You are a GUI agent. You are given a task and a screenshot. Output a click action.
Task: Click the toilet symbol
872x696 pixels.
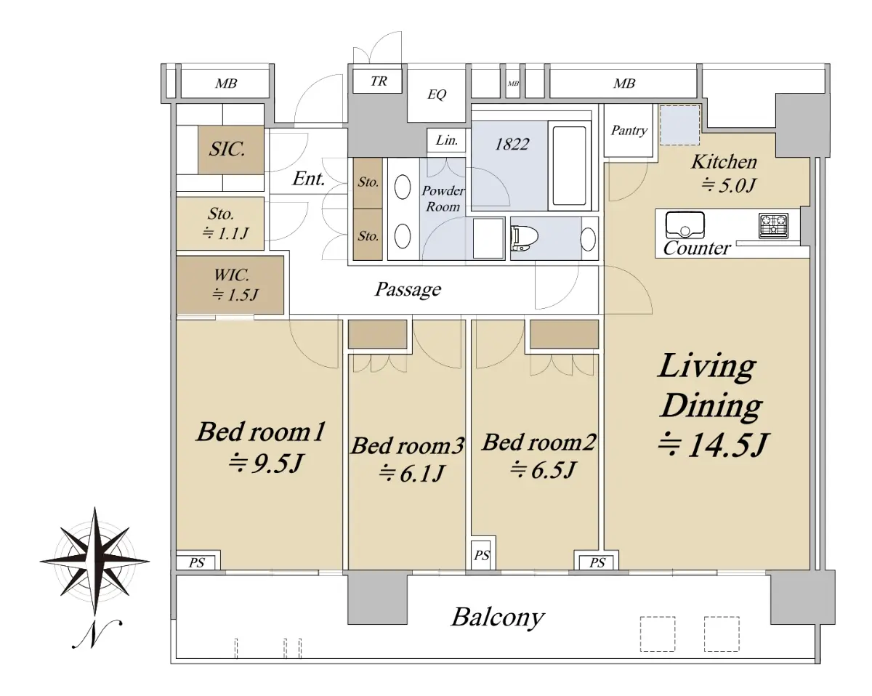coord(525,238)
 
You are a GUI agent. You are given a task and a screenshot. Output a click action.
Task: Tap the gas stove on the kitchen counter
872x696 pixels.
coord(773,226)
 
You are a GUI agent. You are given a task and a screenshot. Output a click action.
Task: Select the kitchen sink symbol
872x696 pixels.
coord(685,224)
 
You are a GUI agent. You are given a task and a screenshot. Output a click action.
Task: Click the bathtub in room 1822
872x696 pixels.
coord(569,166)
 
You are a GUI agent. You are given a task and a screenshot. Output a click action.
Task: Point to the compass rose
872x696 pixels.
coord(94,561)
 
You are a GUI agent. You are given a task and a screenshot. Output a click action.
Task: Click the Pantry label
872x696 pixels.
coord(629,131)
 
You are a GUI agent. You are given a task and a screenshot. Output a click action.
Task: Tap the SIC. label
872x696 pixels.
coord(227,149)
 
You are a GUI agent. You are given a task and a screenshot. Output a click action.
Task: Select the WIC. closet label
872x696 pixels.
coord(231,275)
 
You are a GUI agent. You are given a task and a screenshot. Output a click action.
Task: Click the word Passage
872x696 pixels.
coord(408,290)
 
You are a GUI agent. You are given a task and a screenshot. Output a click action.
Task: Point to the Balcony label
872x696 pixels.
coord(498,618)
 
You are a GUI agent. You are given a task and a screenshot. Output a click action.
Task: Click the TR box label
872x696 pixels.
coord(379,81)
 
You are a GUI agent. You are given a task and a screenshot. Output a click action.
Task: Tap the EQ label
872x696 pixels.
coord(437,94)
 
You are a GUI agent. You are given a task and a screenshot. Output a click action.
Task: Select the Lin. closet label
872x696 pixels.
coord(446,140)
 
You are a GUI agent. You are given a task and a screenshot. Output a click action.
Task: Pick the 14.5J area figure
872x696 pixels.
coord(712,445)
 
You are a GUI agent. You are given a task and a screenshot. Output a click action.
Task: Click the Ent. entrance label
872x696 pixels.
coord(309,179)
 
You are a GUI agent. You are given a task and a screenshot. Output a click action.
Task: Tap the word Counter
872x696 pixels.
coord(697,248)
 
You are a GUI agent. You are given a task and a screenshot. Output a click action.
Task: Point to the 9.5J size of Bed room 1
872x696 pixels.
coord(265,463)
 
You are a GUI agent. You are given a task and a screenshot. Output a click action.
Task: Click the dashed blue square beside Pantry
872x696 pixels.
coord(679,125)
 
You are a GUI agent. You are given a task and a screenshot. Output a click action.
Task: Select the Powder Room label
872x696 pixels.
coord(443,198)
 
